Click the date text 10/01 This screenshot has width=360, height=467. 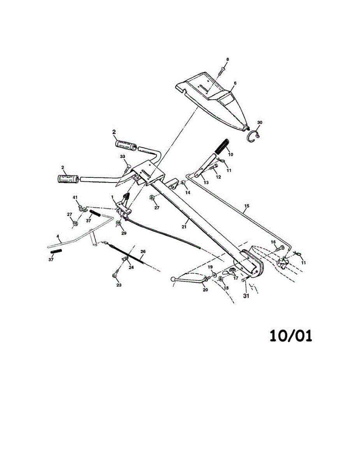pos(291,335)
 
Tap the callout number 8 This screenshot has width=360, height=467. pos(228,59)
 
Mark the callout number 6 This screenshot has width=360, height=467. pos(235,83)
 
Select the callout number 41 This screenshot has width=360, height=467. pos(76,198)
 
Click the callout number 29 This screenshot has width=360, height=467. pos(124,233)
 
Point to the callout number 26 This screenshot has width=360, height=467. pos(143,252)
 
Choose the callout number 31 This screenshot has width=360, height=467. pos(246,295)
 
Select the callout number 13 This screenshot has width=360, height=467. pos(206,183)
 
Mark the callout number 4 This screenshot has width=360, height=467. pos(58,236)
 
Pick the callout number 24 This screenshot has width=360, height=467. pos(131,267)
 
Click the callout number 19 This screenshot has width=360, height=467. pos(210,267)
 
